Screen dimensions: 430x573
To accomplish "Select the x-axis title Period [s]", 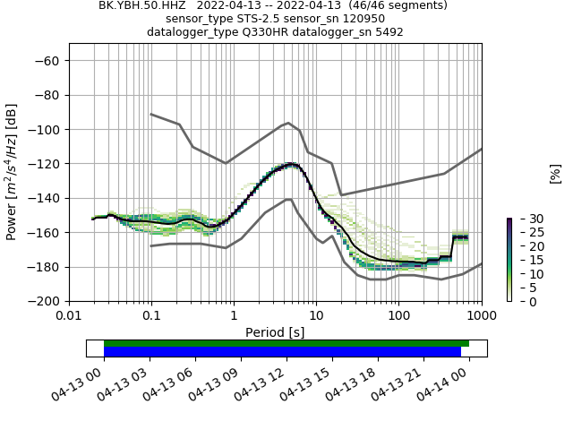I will tap(275, 332).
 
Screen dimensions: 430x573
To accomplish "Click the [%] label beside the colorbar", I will tap(555, 173).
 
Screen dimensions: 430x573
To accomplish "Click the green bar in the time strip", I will tap(286, 343).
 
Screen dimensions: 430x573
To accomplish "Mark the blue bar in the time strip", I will tap(282, 352).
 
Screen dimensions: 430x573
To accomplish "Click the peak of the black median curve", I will tap(291, 164).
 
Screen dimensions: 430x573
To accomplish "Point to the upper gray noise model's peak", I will tap(287, 123).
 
